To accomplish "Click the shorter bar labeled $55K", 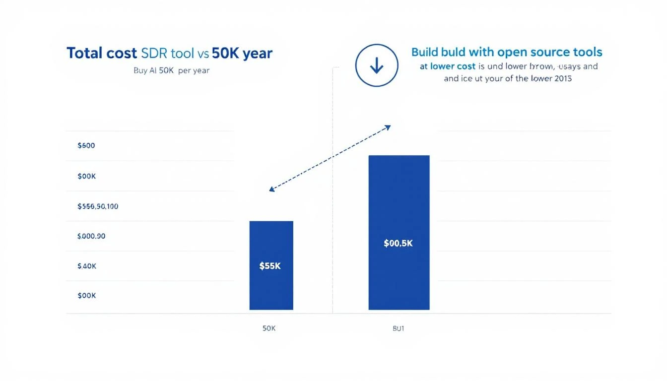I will (x=271, y=288).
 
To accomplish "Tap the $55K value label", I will (x=270, y=266).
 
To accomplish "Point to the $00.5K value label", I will (x=398, y=244).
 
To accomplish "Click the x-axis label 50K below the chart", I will (x=268, y=328).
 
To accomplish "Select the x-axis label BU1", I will (x=398, y=328).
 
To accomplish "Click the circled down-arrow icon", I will (x=377, y=65).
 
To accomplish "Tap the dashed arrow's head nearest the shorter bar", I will (x=271, y=190).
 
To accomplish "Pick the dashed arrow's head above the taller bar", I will (x=389, y=127).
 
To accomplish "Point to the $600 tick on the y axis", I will (x=86, y=146).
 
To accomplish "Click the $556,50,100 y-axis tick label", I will (x=98, y=206).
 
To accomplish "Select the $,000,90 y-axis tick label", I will (x=91, y=236).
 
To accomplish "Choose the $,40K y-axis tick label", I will (x=87, y=266).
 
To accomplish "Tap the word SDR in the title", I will (x=156, y=53).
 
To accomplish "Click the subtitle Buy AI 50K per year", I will (x=171, y=70).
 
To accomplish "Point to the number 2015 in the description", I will (x=561, y=78).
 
